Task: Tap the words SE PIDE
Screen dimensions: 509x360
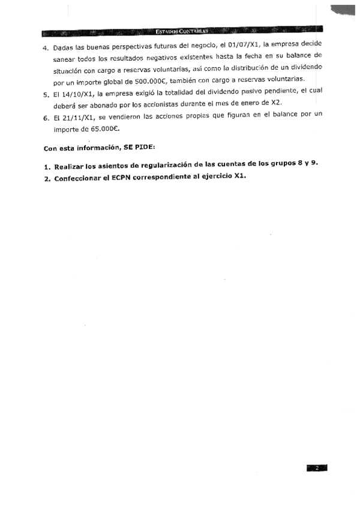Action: click(x=139, y=148)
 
